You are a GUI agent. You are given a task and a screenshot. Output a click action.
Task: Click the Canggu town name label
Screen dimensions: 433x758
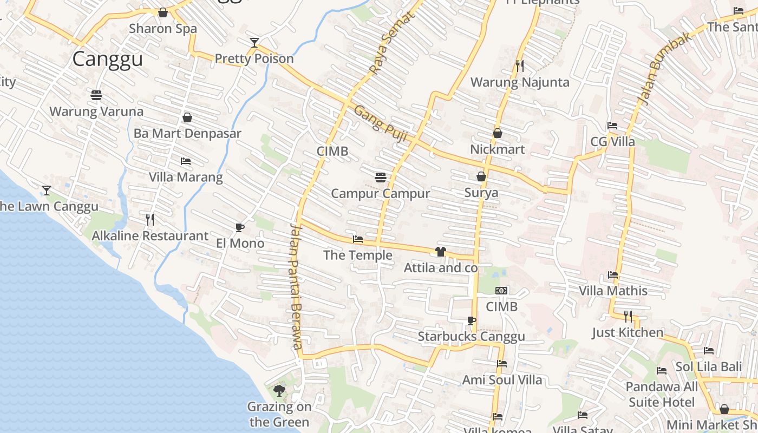coord(107,59)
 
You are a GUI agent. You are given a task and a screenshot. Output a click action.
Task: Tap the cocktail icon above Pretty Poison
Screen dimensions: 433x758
coord(254,43)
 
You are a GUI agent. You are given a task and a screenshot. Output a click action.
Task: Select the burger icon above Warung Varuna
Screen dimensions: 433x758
coord(96,96)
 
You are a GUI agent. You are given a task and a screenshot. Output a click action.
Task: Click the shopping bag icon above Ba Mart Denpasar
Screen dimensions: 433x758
coord(187,117)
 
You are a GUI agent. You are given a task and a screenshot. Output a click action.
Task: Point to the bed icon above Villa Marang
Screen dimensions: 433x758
coord(186,161)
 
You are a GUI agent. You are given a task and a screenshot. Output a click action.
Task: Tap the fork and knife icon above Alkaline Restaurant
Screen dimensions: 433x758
coord(150,219)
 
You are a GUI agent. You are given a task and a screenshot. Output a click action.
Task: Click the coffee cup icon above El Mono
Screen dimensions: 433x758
coord(240,227)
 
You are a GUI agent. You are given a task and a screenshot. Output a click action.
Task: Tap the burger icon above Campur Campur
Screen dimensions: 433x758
coord(381,177)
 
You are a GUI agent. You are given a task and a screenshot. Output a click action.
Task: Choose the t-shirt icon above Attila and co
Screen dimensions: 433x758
coord(440,252)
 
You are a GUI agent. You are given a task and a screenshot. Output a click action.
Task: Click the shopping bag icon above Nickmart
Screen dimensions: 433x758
coord(498,133)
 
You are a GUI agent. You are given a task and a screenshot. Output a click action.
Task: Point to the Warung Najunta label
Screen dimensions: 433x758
coord(520,82)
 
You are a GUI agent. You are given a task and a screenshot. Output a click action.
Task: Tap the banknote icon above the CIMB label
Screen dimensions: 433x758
coord(502,291)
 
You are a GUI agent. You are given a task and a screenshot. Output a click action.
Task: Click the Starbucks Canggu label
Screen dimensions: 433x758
coord(471,337)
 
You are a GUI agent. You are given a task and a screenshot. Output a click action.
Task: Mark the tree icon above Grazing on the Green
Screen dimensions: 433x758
coord(279,390)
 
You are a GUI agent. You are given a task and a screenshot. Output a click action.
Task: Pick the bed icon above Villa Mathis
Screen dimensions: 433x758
coord(613,275)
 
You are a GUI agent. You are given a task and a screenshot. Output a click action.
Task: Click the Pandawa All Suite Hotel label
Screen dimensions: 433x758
coord(662,395)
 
